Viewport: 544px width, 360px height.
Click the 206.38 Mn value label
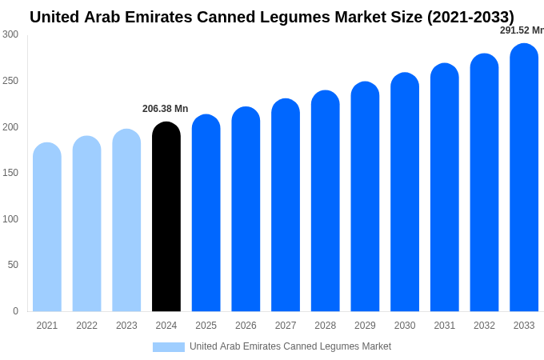point(165,109)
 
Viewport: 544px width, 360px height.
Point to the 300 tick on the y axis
point(10,34)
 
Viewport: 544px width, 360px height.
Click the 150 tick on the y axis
point(10,173)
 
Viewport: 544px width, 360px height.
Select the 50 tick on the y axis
point(13,265)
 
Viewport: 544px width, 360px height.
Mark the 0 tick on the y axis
point(15,311)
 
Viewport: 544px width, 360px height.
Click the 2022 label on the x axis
point(86,326)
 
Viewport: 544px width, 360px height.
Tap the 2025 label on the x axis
point(206,326)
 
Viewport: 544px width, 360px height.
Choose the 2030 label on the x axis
point(405,326)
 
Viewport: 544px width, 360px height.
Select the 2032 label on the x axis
point(484,326)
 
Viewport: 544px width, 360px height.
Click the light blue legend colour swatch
point(168,346)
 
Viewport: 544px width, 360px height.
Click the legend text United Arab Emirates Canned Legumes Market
point(290,346)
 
